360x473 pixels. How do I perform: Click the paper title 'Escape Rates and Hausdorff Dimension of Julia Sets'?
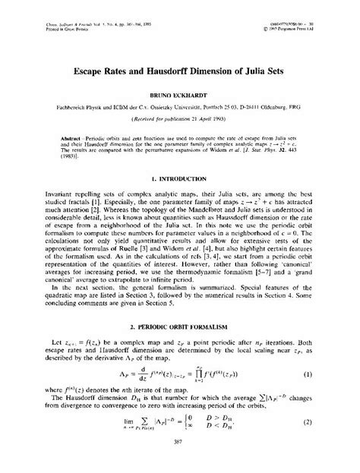click(179, 74)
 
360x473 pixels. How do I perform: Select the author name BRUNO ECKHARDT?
click(179, 97)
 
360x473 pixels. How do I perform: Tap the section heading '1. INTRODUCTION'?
click(179, 180)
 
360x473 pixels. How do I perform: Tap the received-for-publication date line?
click(179, 121)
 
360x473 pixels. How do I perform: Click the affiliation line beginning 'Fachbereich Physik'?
click(179, 109)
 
